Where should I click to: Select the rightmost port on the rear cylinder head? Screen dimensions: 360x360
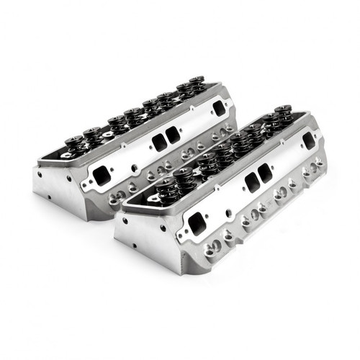(x=217, y=108)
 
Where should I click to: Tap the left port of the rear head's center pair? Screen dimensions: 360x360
(x=158, y=143)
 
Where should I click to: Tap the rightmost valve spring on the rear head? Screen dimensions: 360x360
(x=198, y=84)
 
